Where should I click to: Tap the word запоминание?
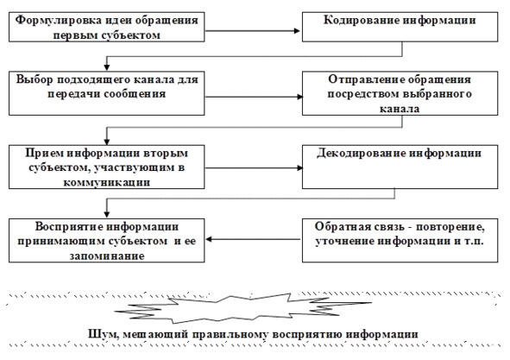(x=107, y=256)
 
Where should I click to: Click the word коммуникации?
(x=107, y=182)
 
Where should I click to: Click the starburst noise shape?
(x=242, y=307)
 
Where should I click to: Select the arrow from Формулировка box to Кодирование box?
(x=252, y=31)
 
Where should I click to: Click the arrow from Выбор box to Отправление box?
(x=254, y=97)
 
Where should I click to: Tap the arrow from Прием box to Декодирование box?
(x=254, y=168)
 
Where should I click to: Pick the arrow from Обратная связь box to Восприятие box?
(x=254, y=239)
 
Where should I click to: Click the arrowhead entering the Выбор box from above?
(x=107, y=67)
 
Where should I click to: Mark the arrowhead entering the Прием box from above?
(x=107, y=142)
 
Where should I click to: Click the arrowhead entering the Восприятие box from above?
(x=107, y=214)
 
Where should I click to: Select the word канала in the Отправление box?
(x=400, y=109)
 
